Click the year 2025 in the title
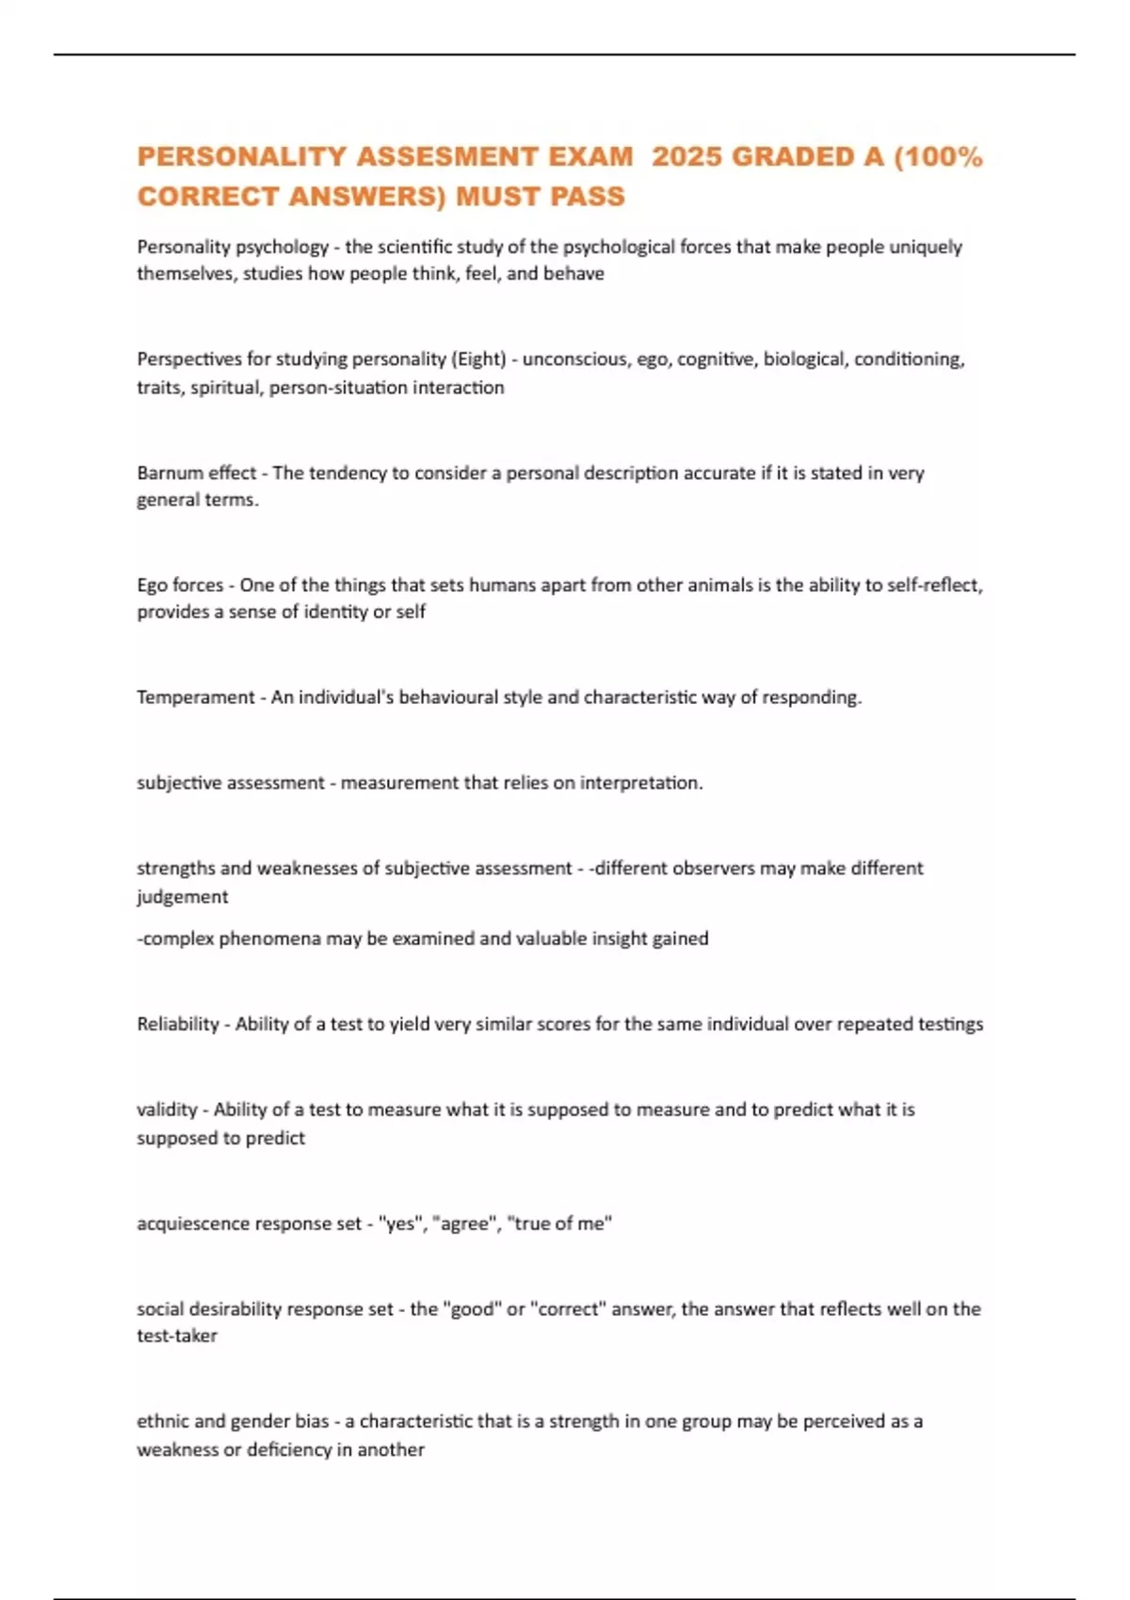click(x=686, y=156)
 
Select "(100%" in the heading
click(x=937, y=156)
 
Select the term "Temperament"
click(x=196, y=697)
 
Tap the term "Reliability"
click(x=178, y=1024)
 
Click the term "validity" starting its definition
click(x=167, y=1110)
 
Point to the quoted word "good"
click(x=473, y=1309)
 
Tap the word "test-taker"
click(x=177, y=1336)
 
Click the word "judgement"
click(x=183, y=897)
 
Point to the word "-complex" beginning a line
click(x=176, y=938)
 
